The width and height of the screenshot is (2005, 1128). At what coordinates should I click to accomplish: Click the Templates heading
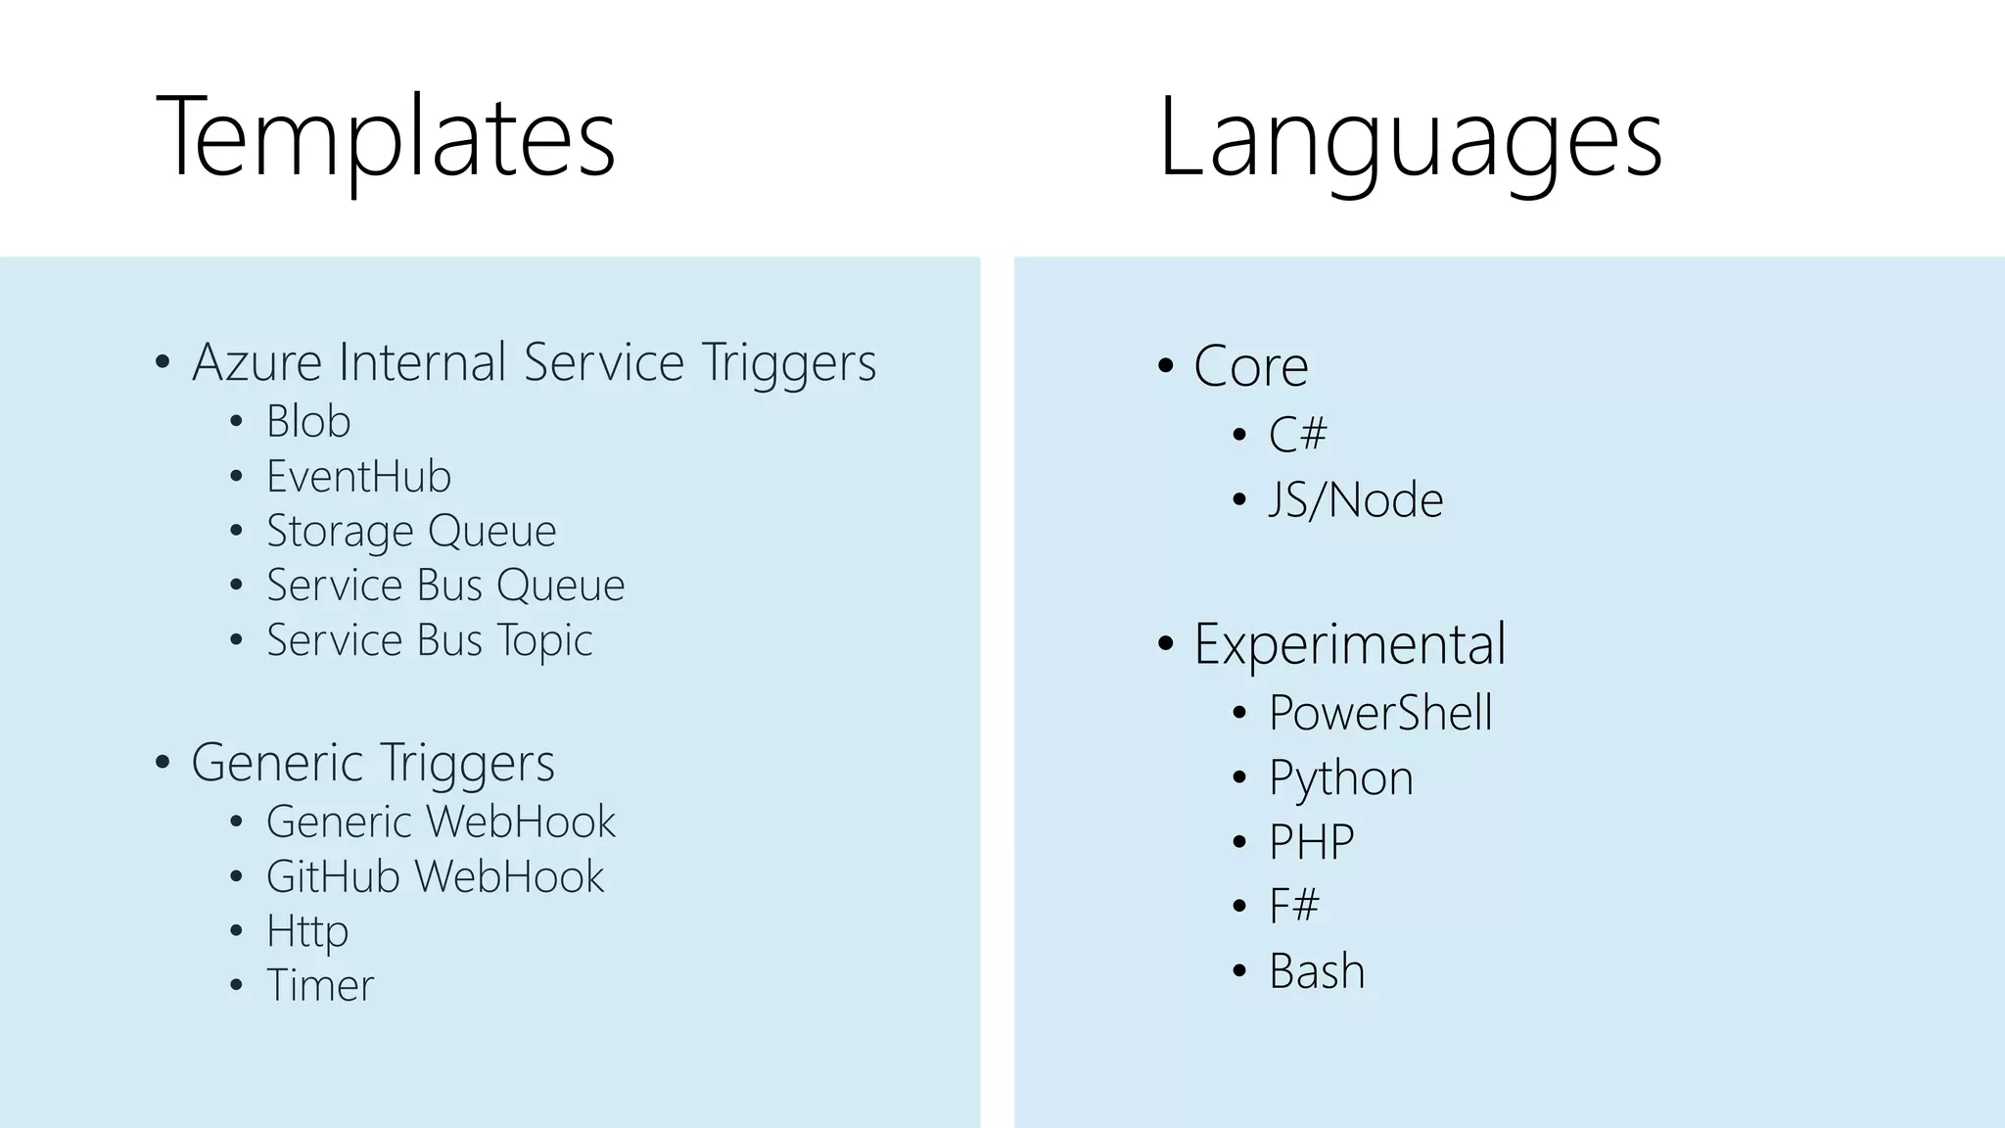pos(386,137)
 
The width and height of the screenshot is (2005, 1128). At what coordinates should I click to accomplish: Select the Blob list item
pos(308,422)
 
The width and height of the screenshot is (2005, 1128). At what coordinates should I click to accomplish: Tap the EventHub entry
pos(358,477)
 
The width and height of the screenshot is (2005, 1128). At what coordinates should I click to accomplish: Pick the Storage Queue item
pos(411,532)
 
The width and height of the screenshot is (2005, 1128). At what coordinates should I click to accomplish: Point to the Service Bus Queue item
pos(445,586)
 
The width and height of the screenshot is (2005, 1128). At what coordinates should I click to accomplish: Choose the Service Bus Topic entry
pos(429,640)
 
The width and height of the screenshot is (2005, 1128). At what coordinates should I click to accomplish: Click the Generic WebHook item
pos(441,822)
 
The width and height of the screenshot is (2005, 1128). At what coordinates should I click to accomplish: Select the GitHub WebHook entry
pos(435,876)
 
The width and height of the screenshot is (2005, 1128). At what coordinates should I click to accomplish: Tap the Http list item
pos(307,931)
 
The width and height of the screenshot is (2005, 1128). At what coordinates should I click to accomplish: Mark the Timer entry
pos(320,985)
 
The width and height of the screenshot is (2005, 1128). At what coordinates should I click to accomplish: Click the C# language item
pos(1297,434)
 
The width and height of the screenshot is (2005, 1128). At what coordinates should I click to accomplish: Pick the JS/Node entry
pos(1356,500)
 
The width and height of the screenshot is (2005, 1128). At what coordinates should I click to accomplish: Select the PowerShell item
pos(1380,713)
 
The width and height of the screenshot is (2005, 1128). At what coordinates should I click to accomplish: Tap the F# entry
pos(1293,906)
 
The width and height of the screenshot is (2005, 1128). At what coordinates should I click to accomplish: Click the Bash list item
pos(1317,971)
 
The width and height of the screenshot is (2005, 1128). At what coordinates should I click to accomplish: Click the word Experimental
pos(1350,644)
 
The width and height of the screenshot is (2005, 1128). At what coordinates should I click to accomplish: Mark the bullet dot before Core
pos(1165,366)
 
